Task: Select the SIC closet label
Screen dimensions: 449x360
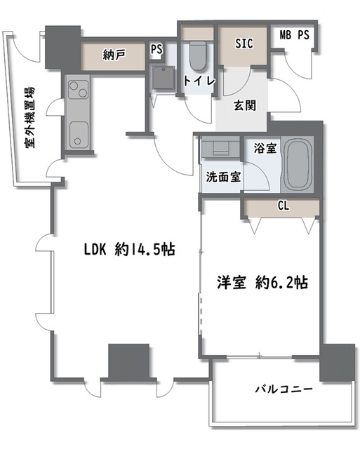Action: pyautogui.click(x=244, y=43)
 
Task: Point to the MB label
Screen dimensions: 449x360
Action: pyautogui.click(x=286, y=35)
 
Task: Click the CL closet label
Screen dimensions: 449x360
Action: pyautogui.click(x=283, y=206)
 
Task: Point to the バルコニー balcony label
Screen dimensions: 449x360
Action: pyautogui.click(x=283, y=387)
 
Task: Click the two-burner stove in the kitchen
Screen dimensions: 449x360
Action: pyautogui.click(x=78, y=91)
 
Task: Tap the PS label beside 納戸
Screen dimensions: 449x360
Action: pyautogui.click(x=156, y=50)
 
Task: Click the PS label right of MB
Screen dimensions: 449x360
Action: pyautogui.click(x=303, y=35)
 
